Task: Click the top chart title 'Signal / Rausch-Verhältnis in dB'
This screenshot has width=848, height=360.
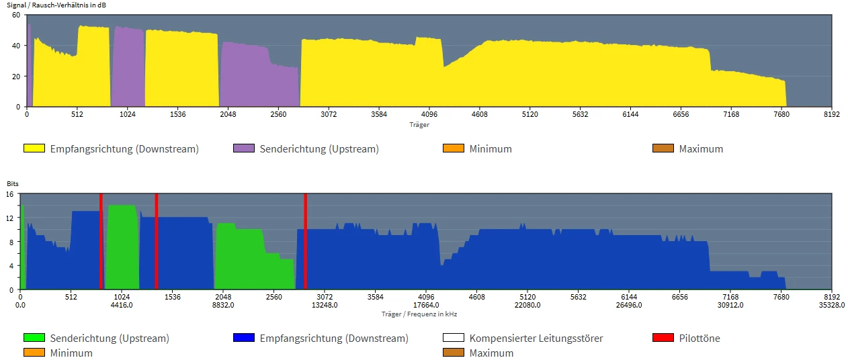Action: point(56,5)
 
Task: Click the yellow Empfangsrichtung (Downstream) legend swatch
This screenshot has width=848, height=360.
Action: point(34,148)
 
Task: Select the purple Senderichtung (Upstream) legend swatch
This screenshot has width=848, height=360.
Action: point(243,148)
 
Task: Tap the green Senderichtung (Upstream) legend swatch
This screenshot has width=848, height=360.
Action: point(34,338)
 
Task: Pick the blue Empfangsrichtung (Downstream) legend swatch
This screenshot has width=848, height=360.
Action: point(243,338)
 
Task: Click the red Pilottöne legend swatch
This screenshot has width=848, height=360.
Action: point(663,338)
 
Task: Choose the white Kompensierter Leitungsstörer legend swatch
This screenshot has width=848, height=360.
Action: point(453,338)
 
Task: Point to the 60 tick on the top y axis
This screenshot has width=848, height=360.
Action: point(16,15)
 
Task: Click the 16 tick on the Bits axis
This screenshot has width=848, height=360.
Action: point(10,193)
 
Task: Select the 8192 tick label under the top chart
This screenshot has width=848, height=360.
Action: point(831,115)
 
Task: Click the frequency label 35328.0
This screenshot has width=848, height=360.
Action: point(831,305)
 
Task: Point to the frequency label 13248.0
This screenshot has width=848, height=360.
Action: point(325,305)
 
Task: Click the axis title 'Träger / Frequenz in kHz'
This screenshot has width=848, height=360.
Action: point(419,314)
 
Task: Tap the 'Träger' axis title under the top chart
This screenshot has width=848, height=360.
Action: point(419,124)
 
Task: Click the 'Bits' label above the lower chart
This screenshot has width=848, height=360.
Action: point(13,183)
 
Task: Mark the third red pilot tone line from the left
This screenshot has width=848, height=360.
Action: point(305,242)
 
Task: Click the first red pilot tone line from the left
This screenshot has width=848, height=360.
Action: point(101,242)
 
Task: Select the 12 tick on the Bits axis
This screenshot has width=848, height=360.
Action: point(10,218)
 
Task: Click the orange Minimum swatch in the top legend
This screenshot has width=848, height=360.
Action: point(453,148)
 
